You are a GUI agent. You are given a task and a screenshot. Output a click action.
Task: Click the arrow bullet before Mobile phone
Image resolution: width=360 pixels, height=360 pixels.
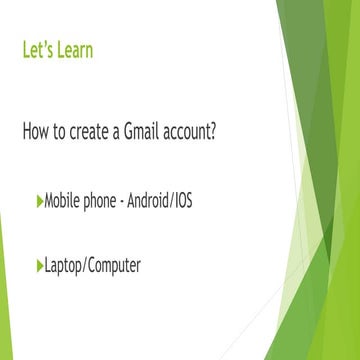(x=39, y=201)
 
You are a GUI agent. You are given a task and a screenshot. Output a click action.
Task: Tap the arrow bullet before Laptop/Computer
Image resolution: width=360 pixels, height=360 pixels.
(x=39, y=265)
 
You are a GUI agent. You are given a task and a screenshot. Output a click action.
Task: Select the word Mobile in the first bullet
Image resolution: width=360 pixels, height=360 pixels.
(x=63, y=201)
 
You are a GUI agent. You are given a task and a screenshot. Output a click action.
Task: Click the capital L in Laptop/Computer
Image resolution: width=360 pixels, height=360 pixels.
(x=47, y=265)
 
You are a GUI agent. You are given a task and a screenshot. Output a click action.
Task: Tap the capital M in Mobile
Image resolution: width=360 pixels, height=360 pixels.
(x=50, y=201)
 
